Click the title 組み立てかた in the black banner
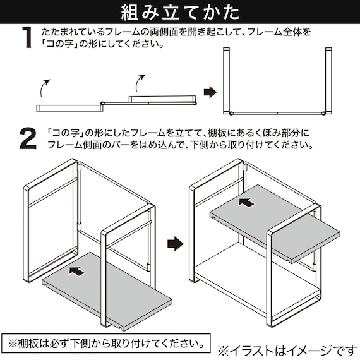180,12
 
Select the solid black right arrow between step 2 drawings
174,243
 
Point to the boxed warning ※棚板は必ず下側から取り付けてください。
105,345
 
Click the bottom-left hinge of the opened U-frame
231,112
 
